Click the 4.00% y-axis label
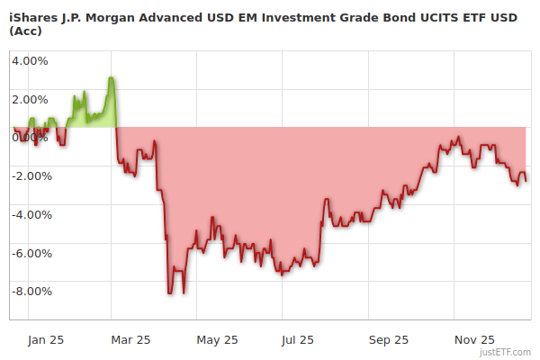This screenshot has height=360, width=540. coord(30,61)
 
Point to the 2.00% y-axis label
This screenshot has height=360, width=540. coord(30,99)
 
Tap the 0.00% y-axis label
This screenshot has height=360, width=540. coord(30,138)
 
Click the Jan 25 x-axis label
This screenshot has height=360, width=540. coord(45,339)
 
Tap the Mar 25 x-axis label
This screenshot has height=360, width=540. coord(130,339)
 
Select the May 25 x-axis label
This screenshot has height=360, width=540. coord(217,339)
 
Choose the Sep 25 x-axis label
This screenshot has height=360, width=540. coord(389,339)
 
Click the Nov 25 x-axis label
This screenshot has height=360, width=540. coord(474,339)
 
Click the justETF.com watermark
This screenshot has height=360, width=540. coord(507,353)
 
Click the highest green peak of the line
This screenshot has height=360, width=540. coord(110,77)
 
